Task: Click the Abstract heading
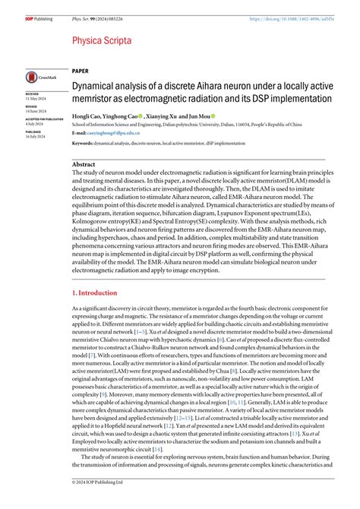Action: click(84, 164)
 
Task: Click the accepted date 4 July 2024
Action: click(35, 123)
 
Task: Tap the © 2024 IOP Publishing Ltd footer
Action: click(99, 502)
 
